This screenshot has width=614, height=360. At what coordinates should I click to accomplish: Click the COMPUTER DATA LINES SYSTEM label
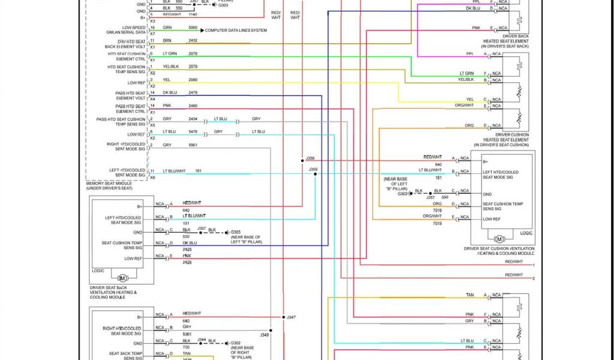pyautogui.click(x=236, y=30)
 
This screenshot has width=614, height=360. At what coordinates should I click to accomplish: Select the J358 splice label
pyautogui.click(x=310, y=158)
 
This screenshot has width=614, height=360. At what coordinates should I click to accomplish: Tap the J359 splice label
pyautogui.click(x=313, y=170)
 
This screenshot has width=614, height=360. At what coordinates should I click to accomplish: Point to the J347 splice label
pyautogui.click(x=291, y=317)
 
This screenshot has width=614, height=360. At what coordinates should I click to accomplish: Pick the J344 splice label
pyautogui.click(x=202, y=339)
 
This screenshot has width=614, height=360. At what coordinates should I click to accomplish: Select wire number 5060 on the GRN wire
pyautogui.click(x=193, y=28)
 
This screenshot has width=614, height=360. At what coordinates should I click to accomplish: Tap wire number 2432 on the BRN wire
pyautogui.click(x=193, y=41)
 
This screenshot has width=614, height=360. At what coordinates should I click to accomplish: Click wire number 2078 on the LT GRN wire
pyautogui.click(x=193, y=53)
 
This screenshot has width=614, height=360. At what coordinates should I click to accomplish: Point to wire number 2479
pyautogui.click(x=193, y=92)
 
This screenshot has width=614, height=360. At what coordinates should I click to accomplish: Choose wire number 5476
pyautogui.click(x=193, y=131)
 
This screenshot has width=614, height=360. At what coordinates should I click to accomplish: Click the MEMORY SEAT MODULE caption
pyautogui.click(x=110, y=186)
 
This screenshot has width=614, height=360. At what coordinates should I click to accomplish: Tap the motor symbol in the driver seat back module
pyautogui.click(x=123, y=278)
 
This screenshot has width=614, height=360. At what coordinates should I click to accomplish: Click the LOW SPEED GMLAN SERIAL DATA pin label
pyautogui.click(x=134, y=30)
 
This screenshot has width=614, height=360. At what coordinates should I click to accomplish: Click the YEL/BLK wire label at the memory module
pyautogui.click(x=171, y=66)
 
